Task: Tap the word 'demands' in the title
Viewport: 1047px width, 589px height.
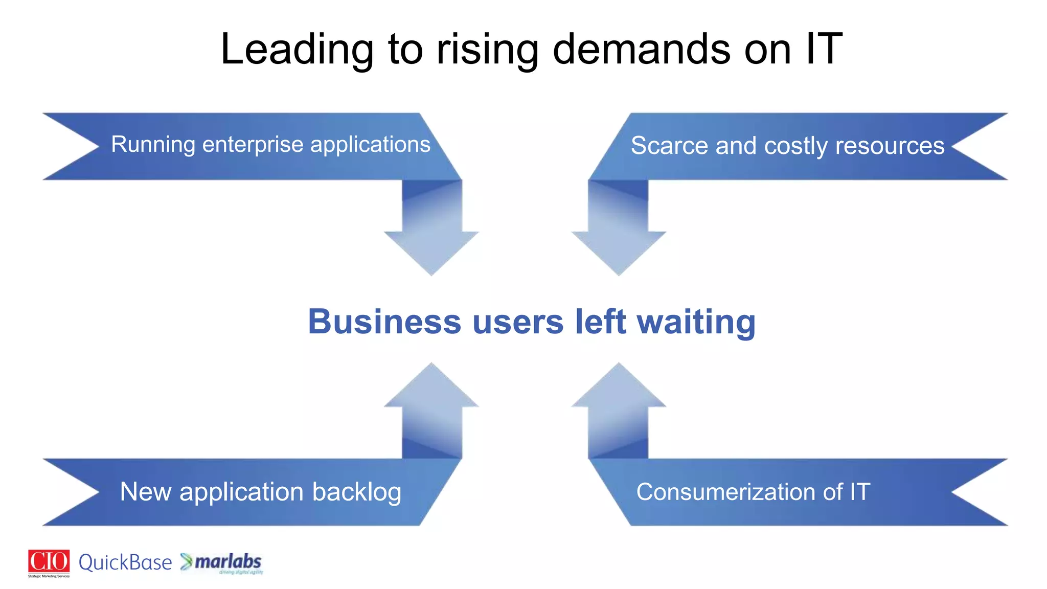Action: click(642, 50)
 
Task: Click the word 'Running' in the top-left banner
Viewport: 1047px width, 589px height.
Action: click(153, 145)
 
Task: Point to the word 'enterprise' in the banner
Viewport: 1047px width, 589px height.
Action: click(253, 145)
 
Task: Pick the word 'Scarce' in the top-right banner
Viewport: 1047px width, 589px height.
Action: click(669, 146)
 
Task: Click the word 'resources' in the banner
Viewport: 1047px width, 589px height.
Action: click(890, 146)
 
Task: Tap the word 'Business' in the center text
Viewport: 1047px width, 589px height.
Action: click(384, 322)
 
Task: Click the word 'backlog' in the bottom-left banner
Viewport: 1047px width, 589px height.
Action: click(356, 492)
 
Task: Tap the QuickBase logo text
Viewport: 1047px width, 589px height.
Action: click(125, 562)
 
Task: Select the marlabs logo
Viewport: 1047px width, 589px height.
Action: click(222, 562)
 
